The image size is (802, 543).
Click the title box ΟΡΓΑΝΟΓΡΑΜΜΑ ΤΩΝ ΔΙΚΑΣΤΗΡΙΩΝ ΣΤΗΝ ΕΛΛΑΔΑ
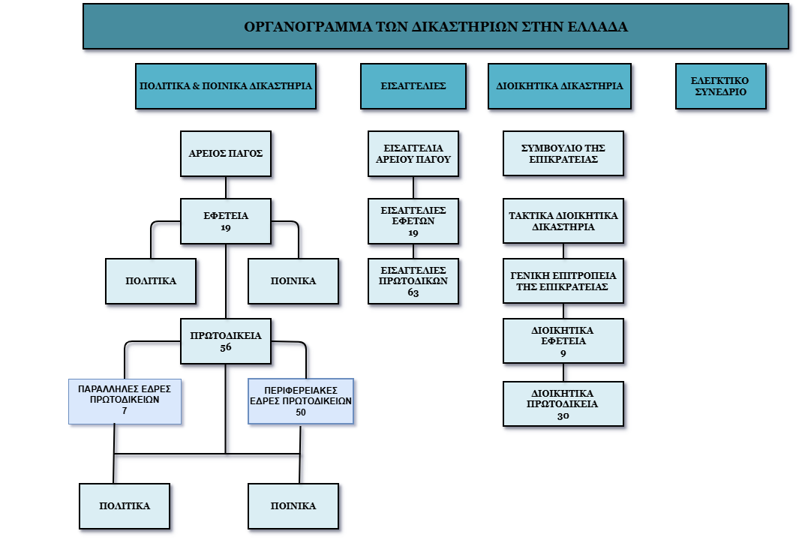(x=436, y=27)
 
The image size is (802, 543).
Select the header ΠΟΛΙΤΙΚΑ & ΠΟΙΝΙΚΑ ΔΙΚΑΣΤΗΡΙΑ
(x=226, y=86)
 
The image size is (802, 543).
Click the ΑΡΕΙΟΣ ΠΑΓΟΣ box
(x=225, y=153)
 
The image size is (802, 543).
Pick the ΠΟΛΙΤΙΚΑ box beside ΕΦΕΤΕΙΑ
(x=151, y=281)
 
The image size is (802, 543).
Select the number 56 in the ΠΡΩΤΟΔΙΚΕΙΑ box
(x=226, y=347)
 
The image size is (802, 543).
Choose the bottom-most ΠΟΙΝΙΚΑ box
(x=293, y=506)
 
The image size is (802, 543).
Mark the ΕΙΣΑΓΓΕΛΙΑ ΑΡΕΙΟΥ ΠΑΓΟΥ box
(x=413, y=153)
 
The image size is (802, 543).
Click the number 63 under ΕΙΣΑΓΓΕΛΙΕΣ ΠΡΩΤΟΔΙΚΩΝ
(x=413, y=292)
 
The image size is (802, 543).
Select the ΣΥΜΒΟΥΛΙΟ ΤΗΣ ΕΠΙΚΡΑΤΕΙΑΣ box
(x=563, y=153)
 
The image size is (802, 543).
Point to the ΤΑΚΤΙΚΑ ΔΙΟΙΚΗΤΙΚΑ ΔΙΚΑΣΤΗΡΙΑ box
(x=563, y=220)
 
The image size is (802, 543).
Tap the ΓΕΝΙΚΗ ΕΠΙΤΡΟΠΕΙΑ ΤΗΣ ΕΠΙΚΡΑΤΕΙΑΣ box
(x=563, y=280)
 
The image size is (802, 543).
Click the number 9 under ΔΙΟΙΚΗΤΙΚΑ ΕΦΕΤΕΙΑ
(x=563, y=352)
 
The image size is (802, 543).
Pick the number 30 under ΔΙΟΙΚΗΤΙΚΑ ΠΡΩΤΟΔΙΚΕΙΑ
(x=563, y=415)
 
